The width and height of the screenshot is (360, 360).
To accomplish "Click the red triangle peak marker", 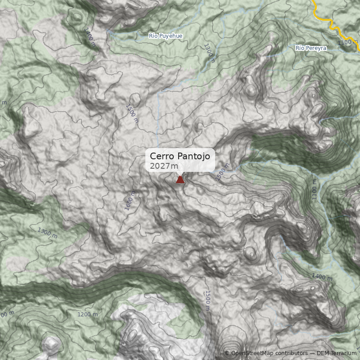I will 180,180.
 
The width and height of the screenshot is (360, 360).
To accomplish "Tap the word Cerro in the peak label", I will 162,156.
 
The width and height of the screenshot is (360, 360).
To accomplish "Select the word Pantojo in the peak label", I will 193,156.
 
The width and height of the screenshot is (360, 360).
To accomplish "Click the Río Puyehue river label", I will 166,36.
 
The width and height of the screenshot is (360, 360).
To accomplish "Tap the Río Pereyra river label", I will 310,48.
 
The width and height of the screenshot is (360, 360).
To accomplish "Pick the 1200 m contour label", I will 88,314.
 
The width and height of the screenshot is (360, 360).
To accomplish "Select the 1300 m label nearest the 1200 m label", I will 47,233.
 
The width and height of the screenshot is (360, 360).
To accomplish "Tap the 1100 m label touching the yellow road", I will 348,42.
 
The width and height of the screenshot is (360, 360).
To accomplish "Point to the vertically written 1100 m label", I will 314,190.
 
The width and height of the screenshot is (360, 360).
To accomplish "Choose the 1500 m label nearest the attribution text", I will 207,300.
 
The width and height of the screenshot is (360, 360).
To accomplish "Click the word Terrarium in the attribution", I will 343,353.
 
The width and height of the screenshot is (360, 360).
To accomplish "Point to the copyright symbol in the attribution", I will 226,353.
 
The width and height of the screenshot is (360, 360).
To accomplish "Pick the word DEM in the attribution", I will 323,353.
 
